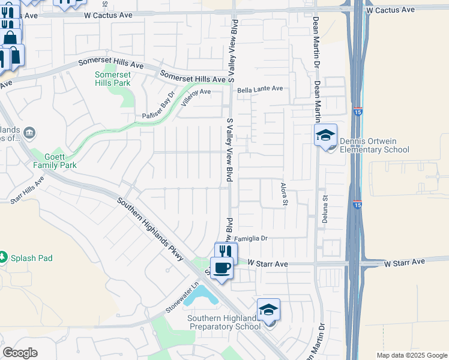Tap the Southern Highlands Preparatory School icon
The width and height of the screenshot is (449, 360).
268,310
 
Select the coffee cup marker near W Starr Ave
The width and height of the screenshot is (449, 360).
222,268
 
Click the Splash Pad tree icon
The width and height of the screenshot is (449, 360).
3,257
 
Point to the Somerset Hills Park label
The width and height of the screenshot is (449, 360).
113,79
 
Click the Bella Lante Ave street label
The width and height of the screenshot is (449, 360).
260,89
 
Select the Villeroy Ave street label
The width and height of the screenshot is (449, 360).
196,95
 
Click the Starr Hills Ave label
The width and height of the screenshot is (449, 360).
28,188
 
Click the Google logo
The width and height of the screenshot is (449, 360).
20,353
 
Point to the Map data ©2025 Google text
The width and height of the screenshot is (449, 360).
411,355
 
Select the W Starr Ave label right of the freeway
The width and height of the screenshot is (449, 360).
405,262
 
